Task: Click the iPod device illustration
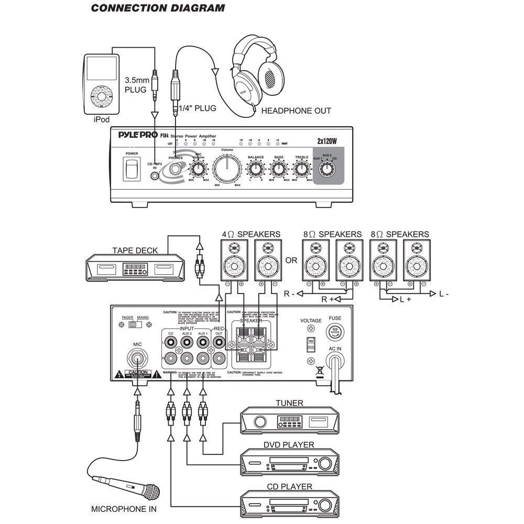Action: (x=100, y=82)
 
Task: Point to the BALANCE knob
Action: (x=256, y=169)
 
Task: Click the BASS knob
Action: (x=278, y=169)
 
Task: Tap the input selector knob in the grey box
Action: (x=327, y=169)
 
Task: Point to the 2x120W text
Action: (x=325, y=140)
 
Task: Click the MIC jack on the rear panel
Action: (x=138, y=360)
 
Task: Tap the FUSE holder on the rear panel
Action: (x=334, y=331)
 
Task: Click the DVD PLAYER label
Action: (x=289, y=445)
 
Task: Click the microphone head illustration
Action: (x=151, y=493)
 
